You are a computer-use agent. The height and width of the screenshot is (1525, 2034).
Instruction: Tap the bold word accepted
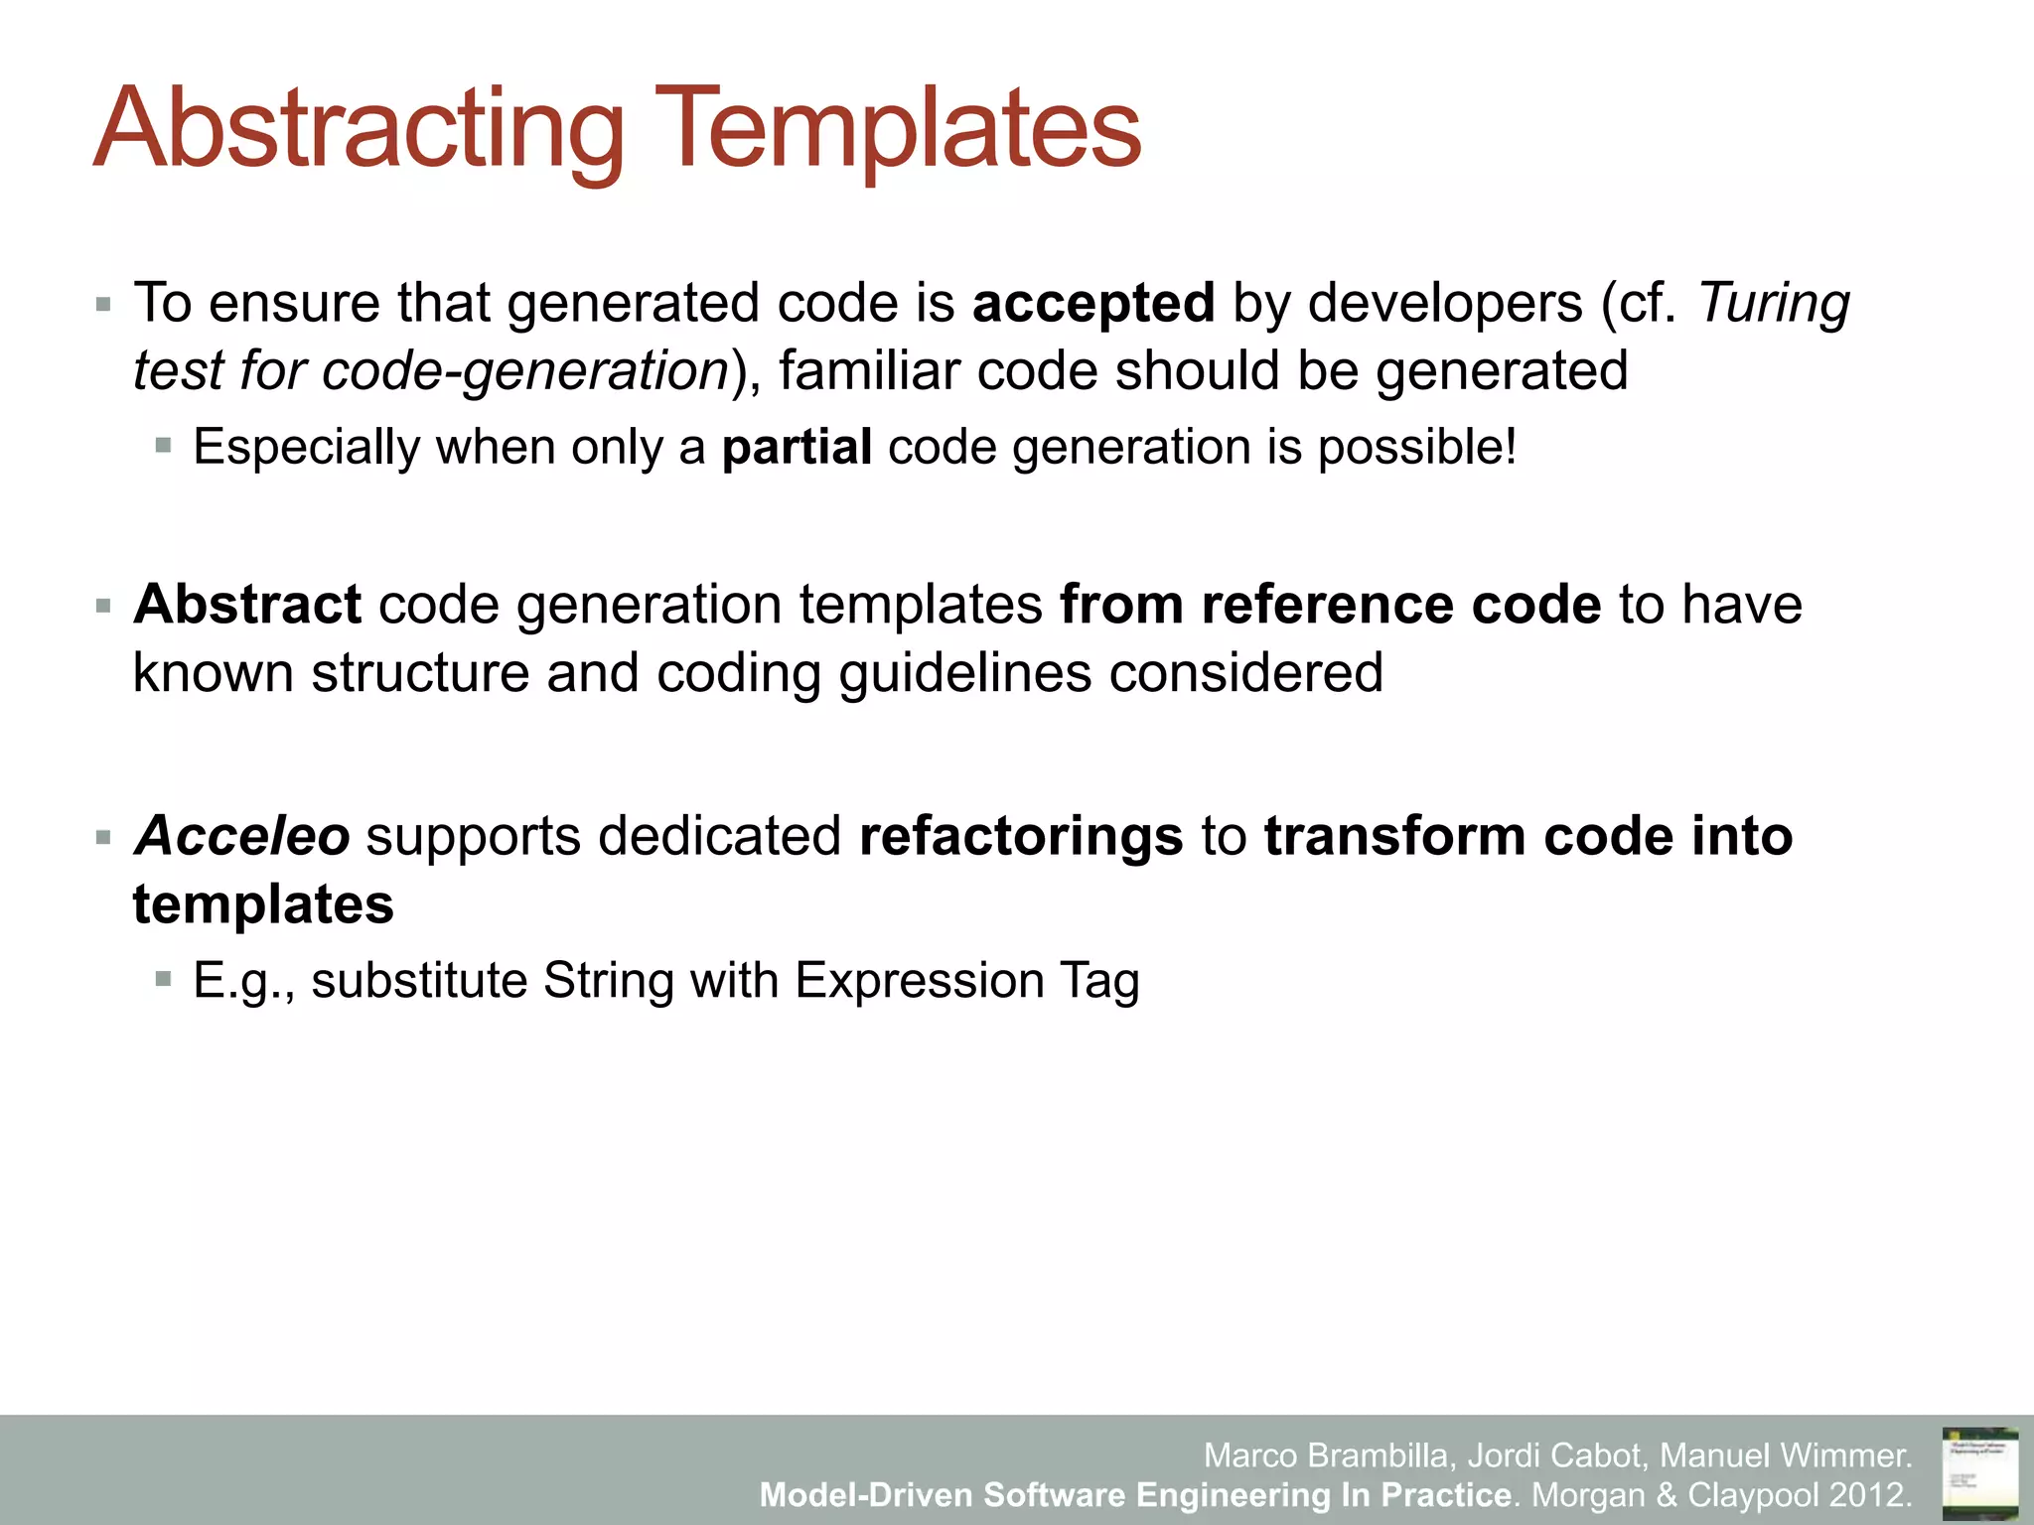(x=1093, y=303)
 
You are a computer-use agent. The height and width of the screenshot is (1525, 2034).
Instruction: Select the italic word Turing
(x=1774, y=303)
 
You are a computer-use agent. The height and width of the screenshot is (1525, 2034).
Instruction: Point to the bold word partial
(x=797, y=447)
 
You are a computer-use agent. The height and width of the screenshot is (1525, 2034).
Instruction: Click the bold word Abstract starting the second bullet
(x=247, y=605)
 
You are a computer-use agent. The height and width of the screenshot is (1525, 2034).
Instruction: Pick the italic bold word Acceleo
(x=241, y=836)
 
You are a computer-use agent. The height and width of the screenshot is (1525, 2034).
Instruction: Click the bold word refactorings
(x=1021, y=836)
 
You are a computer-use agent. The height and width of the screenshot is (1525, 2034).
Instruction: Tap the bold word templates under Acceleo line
(x=263, y=904)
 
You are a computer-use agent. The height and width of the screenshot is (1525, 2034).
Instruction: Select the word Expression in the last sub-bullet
(x=919, y=981)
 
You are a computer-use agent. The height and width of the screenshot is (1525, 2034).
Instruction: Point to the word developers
(x=1445, y=303)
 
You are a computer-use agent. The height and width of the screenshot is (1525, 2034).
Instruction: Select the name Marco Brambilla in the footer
(x=1329, y=1456)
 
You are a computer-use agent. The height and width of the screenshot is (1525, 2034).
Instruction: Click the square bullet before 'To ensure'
(x=103, y=304)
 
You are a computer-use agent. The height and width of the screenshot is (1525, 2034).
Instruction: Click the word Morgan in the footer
(x=1588, y=1494)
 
